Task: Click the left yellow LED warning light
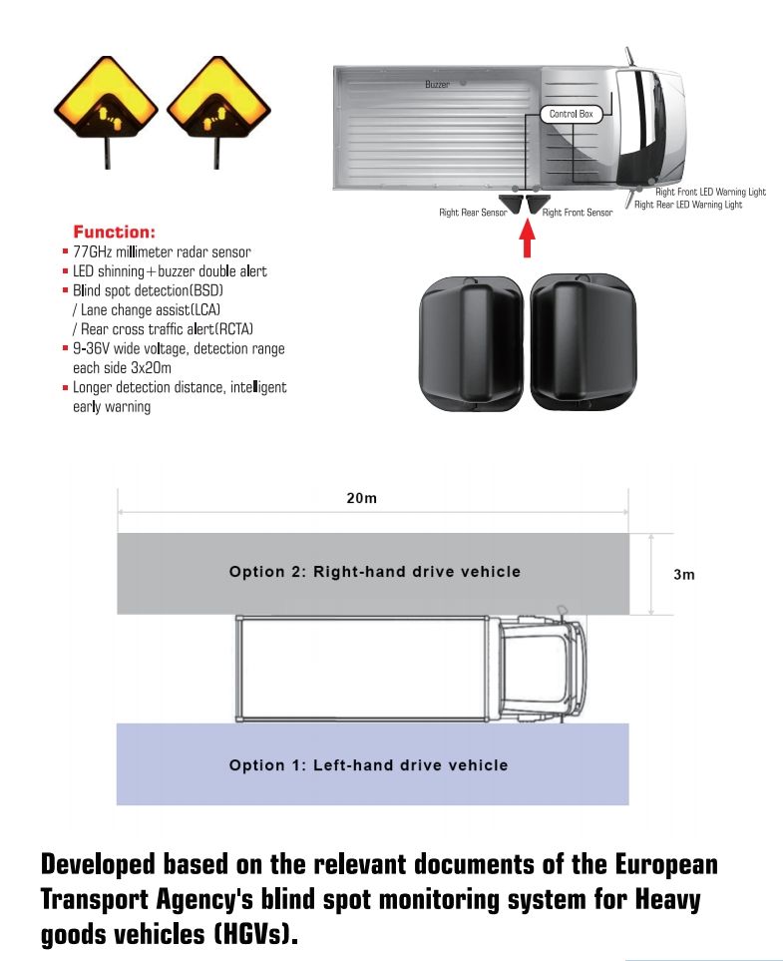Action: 104,105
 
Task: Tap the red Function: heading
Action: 115,232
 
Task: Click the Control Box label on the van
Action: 571,115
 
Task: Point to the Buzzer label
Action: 437,85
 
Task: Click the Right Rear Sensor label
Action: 473,213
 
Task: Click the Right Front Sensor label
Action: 577,213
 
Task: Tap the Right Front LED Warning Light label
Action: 710,192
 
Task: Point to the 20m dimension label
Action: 361,499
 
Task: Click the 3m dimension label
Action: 684,575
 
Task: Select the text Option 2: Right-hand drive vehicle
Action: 374,572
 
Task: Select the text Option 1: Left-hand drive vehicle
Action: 368,765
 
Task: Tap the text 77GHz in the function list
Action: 93,251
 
